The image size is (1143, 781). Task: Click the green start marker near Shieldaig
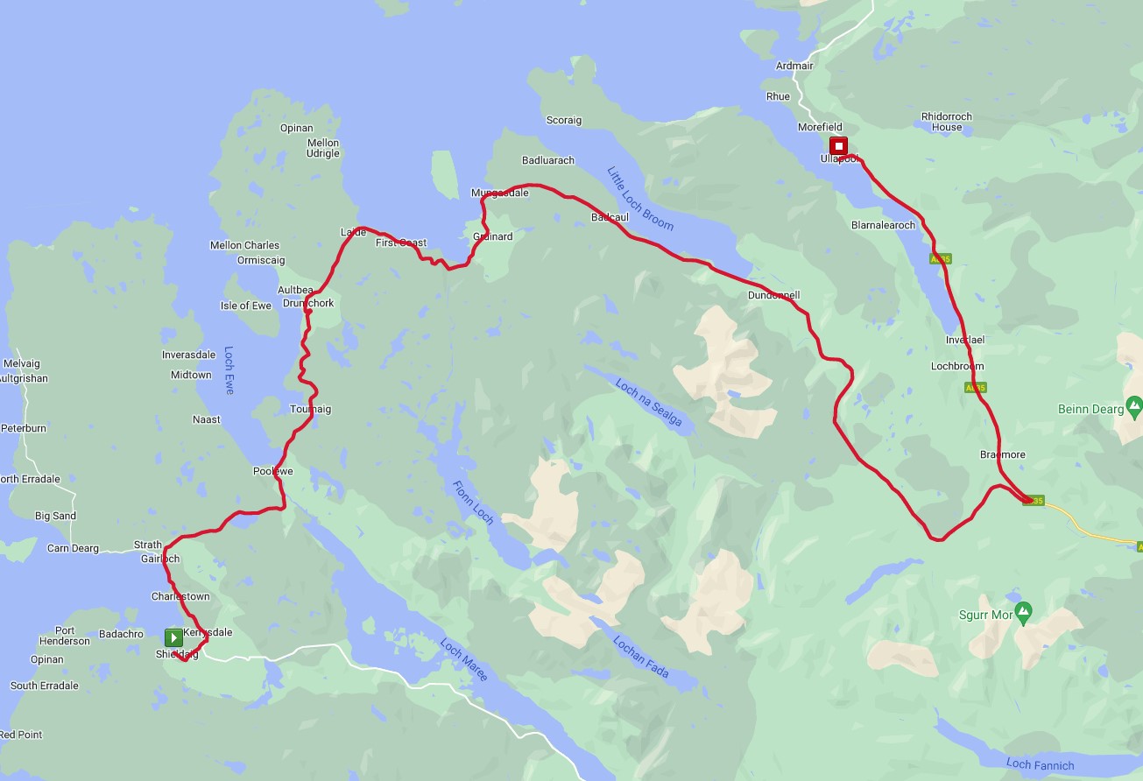click(173, 637)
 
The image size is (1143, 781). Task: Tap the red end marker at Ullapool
click(838, 145)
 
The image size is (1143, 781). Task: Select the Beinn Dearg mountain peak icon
click(1134, 406)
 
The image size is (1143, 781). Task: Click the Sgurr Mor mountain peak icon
click(1023, 610)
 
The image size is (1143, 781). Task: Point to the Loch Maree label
click(464, 660)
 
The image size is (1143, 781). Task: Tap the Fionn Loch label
click(473, 503)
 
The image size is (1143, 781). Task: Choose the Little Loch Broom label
click(640, 198)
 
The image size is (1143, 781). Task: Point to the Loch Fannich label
click(1040, 765)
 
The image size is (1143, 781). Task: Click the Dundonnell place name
click(773, 295)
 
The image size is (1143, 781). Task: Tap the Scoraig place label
click(563, 120)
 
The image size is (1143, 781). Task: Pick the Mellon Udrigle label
click(323, 148)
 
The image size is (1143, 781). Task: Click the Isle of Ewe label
click(245, 306)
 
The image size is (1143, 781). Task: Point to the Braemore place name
click(1003, 454)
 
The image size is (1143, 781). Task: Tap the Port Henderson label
click(65, 636)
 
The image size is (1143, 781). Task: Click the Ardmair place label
click(794, 66)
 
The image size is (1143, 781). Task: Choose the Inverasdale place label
click(188, 355)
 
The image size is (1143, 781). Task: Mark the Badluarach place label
click(548, 160)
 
